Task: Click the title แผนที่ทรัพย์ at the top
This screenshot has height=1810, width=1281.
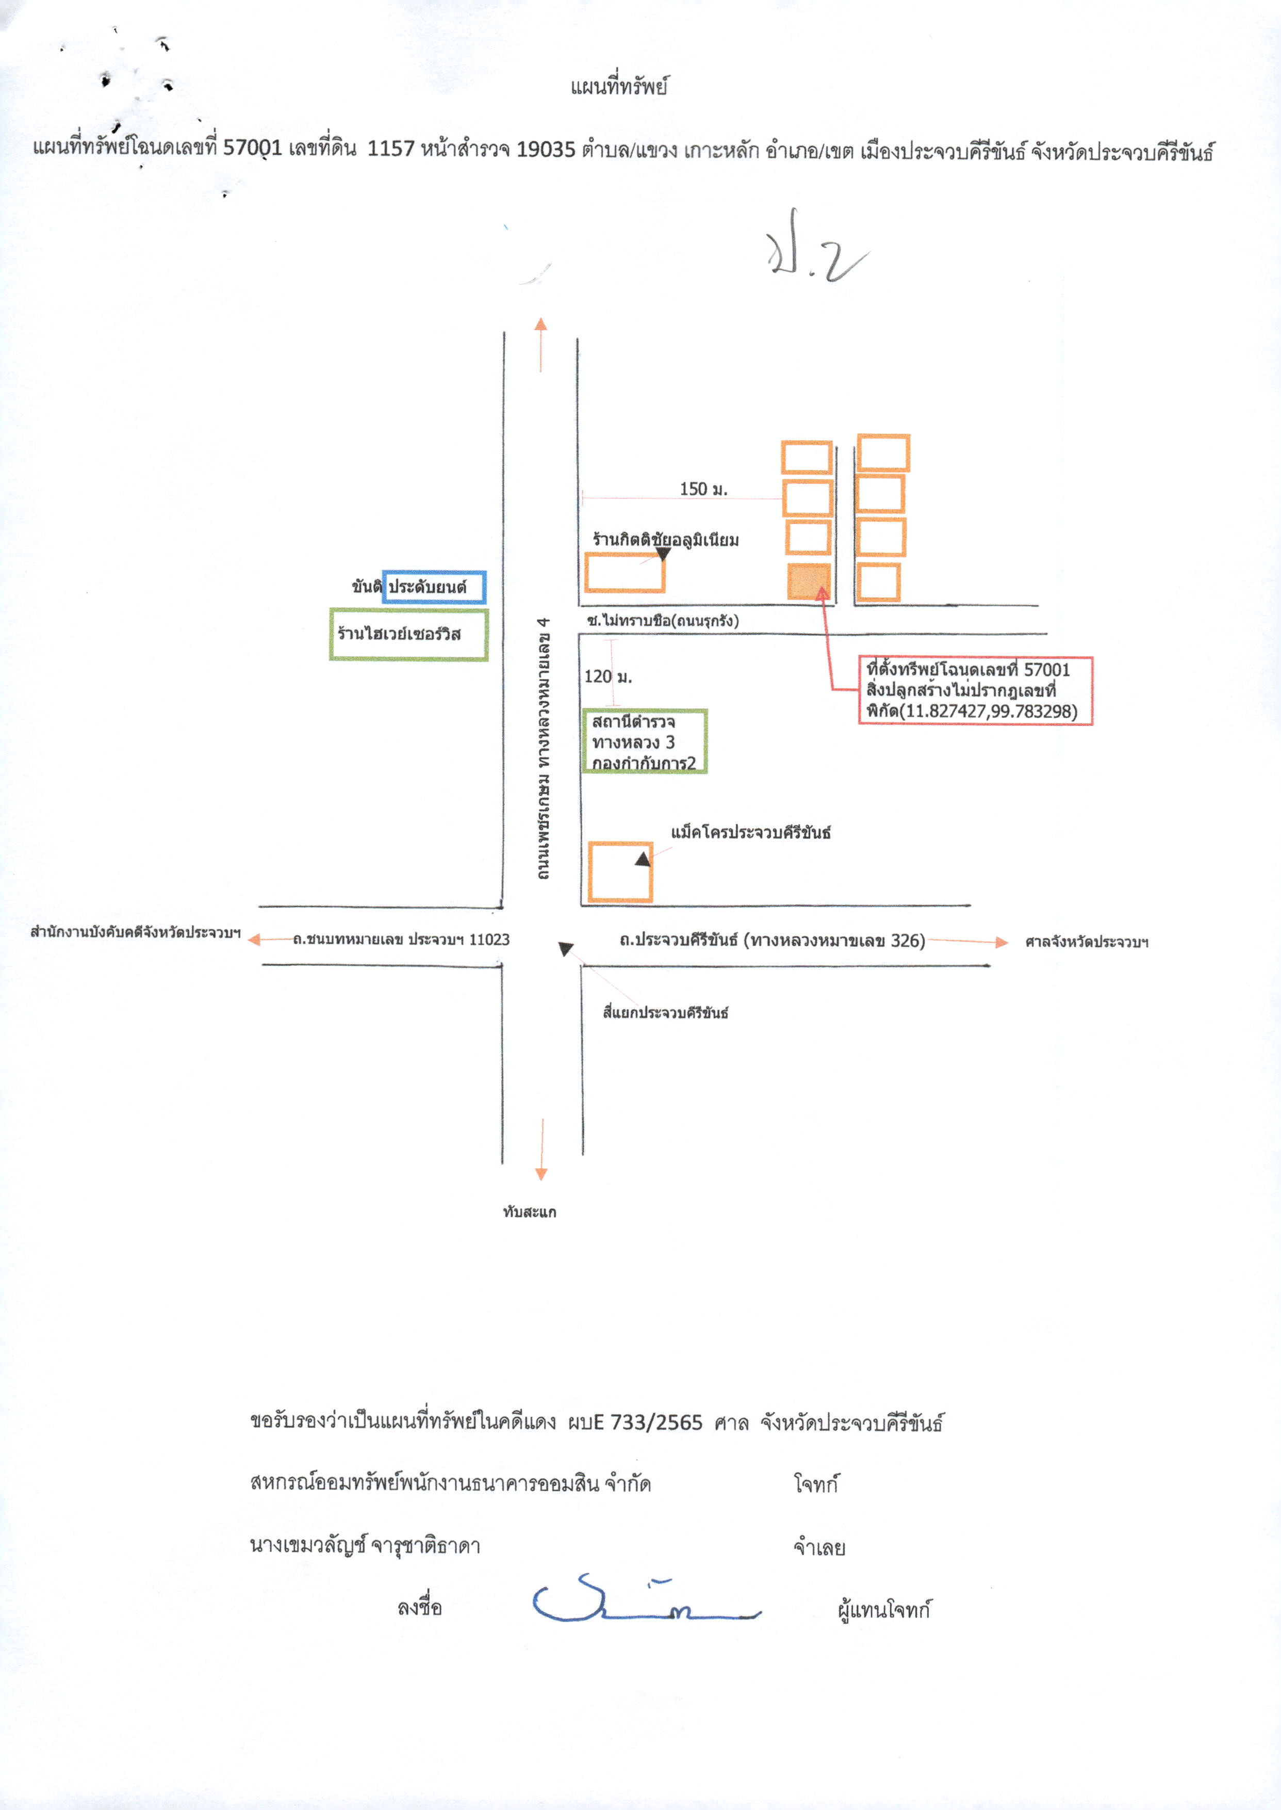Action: coord(619,86)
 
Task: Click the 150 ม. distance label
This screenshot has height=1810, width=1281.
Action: coord(703,489)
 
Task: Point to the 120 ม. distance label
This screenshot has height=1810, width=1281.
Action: coord(608,676)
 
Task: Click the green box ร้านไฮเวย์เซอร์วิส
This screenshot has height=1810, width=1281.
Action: coord(408,634)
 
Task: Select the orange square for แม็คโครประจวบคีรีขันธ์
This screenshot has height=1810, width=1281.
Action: coord(620,872)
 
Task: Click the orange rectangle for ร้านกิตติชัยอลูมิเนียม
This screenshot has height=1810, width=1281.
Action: coord(625,573)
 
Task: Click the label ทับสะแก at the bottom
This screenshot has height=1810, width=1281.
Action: coord(529,1211)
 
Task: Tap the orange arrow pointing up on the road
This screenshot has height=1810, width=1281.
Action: coord(541,344)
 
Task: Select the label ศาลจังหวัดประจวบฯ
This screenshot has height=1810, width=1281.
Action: coord(1086,941)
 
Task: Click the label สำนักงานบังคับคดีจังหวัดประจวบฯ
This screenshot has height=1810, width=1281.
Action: coord(135,933)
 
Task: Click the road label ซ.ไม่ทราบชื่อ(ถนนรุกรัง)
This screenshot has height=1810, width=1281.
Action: coord(663,621)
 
